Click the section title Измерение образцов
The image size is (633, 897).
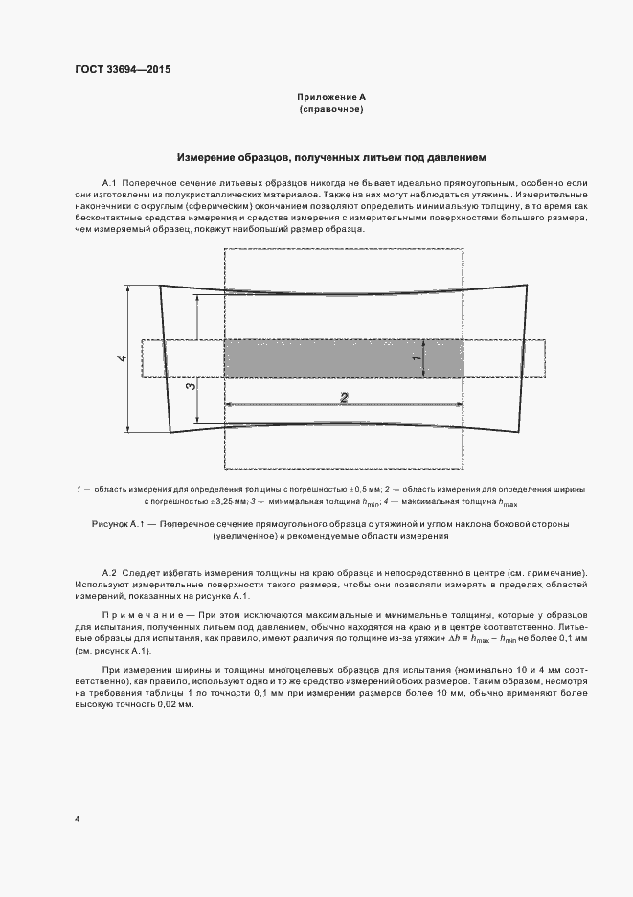332,155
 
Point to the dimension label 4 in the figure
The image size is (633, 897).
122,357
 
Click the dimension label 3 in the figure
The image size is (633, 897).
190,385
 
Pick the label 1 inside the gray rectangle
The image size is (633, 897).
415,357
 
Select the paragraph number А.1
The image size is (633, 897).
108,181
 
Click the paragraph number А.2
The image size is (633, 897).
108,573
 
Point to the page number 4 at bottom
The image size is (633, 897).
78,818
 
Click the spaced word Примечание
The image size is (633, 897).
140,612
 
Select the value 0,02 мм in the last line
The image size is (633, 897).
173,704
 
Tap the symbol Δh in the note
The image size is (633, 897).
418,636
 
